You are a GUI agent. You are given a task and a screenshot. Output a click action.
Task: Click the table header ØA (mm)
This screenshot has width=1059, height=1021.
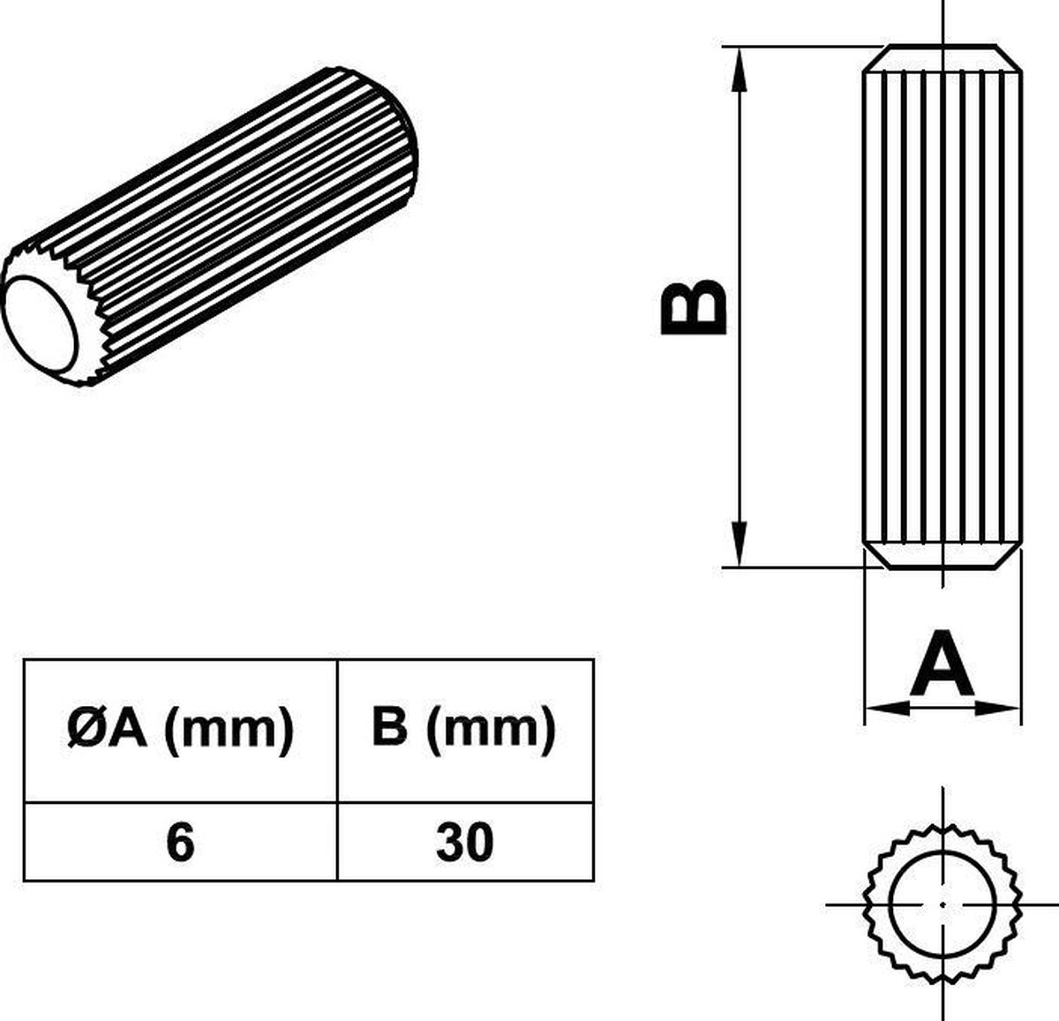point(180,730)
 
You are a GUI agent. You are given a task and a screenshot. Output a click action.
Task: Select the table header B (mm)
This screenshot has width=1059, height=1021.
point(464,730)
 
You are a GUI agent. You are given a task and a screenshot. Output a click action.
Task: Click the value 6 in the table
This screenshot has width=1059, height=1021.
point(179,842)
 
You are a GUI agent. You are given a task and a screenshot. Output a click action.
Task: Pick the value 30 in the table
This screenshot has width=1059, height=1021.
point(464,842)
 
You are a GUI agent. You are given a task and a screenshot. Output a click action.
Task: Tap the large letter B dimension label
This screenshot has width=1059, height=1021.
point(695,308)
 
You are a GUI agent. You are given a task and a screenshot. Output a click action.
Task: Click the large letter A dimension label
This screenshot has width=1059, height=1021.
point(942,664)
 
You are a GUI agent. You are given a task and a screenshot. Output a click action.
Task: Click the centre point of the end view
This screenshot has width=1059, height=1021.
point(943,905)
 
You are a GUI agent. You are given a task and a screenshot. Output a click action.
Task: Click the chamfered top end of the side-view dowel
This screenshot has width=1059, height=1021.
point(943,56)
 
